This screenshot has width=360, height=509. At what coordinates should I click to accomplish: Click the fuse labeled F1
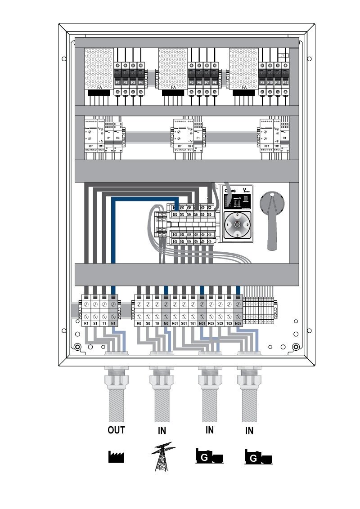(x=117, y=82)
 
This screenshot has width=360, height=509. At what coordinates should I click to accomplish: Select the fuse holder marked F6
(x=199, y=82)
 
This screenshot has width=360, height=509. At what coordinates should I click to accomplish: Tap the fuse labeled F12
(x=285, y=82)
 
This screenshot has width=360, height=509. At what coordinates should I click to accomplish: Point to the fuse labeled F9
(x=262, y=82)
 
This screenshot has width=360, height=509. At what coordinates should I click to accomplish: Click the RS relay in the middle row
(x=118, y=138)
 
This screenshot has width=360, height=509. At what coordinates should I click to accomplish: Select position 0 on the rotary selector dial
(x=237, y=215)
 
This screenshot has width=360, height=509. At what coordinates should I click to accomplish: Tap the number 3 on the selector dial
(x=237, y=235)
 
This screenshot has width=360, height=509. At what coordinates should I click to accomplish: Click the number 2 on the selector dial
(x=247, y=224)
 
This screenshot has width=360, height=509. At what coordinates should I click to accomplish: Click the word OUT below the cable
(x=116, y=430)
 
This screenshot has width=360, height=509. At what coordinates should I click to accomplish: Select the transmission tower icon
(x=163, y=456)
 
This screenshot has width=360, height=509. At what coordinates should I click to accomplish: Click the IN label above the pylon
(x=162, y=431)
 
